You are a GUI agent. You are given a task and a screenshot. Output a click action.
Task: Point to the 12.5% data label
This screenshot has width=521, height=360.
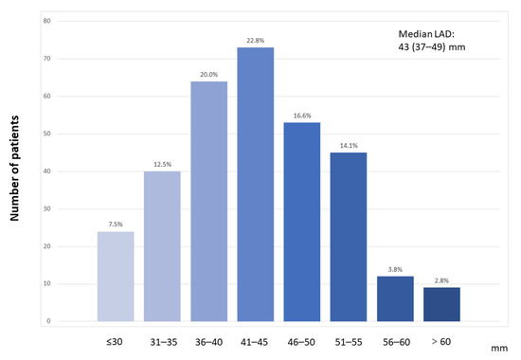pyautogui.click(x=162, y=165)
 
